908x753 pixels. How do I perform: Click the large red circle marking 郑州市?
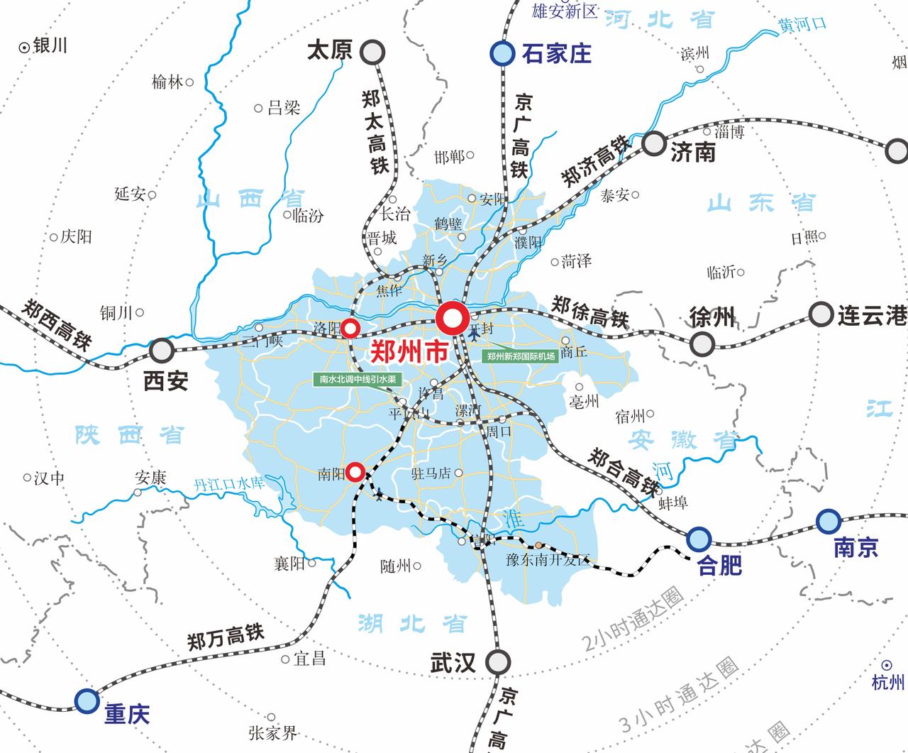click(x=452, y=319)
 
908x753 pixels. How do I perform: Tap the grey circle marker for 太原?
click(x=372, y=52)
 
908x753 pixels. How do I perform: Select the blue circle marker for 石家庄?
click(x=502, y=53)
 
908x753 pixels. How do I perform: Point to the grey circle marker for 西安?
click(x=162, y=349)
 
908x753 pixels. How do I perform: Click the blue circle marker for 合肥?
click(x=698, y=538)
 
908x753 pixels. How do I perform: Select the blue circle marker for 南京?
click(x=827, y=522)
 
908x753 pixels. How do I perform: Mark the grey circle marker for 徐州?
click(x=702, y=343)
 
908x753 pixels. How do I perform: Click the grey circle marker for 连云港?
click(x=821, y=314)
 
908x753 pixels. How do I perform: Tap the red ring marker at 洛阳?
click(x=350, y=329)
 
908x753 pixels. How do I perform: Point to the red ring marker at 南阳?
click(x=355, y=471)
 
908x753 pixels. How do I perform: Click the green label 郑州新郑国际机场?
click(x=521, y=356)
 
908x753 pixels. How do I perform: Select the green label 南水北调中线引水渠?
click(x=358, y=380)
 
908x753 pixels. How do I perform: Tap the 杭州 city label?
click(x=888, y=683)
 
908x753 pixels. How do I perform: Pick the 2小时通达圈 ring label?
click(x=632, y=622)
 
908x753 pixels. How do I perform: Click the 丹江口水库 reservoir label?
click(x=229, y=485)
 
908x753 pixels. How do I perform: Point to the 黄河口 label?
click(x=802, y=24)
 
